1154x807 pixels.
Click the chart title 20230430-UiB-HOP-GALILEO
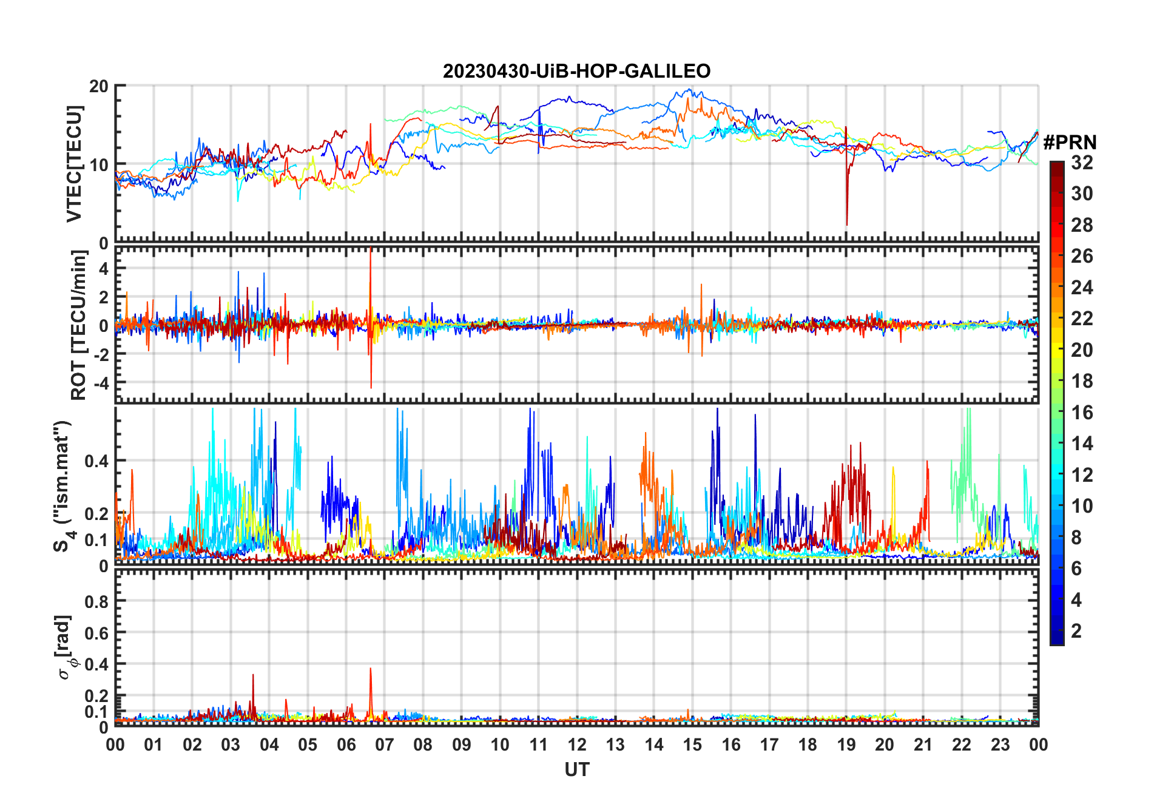[x=576, y=72]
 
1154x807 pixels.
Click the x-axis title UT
[x=576, y=770]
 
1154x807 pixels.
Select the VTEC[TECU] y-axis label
[x=74, y=164]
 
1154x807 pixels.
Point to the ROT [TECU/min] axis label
[x=79, y=325]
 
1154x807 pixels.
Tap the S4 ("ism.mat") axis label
[x=63, y=486]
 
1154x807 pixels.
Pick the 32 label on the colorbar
[x=1082, y=163]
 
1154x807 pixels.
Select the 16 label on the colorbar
[x=1082, y=413]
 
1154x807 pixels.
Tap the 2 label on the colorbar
[x=1076, y=631]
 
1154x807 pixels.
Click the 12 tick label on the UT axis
[x=577, y=745]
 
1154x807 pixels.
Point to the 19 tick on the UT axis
[x=846, y=745]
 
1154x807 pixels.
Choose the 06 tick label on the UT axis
[x=346, y=745]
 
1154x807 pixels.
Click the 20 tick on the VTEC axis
[x=99, y=86]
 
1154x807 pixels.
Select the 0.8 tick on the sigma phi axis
[x=97, y=601]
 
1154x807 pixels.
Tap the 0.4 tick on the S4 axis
[x=97, y=461]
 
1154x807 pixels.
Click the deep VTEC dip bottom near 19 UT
[x=847, y=225]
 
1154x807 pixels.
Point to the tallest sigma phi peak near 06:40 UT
[x=371, y=669]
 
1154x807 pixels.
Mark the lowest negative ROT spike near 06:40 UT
[x=371, y=388]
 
